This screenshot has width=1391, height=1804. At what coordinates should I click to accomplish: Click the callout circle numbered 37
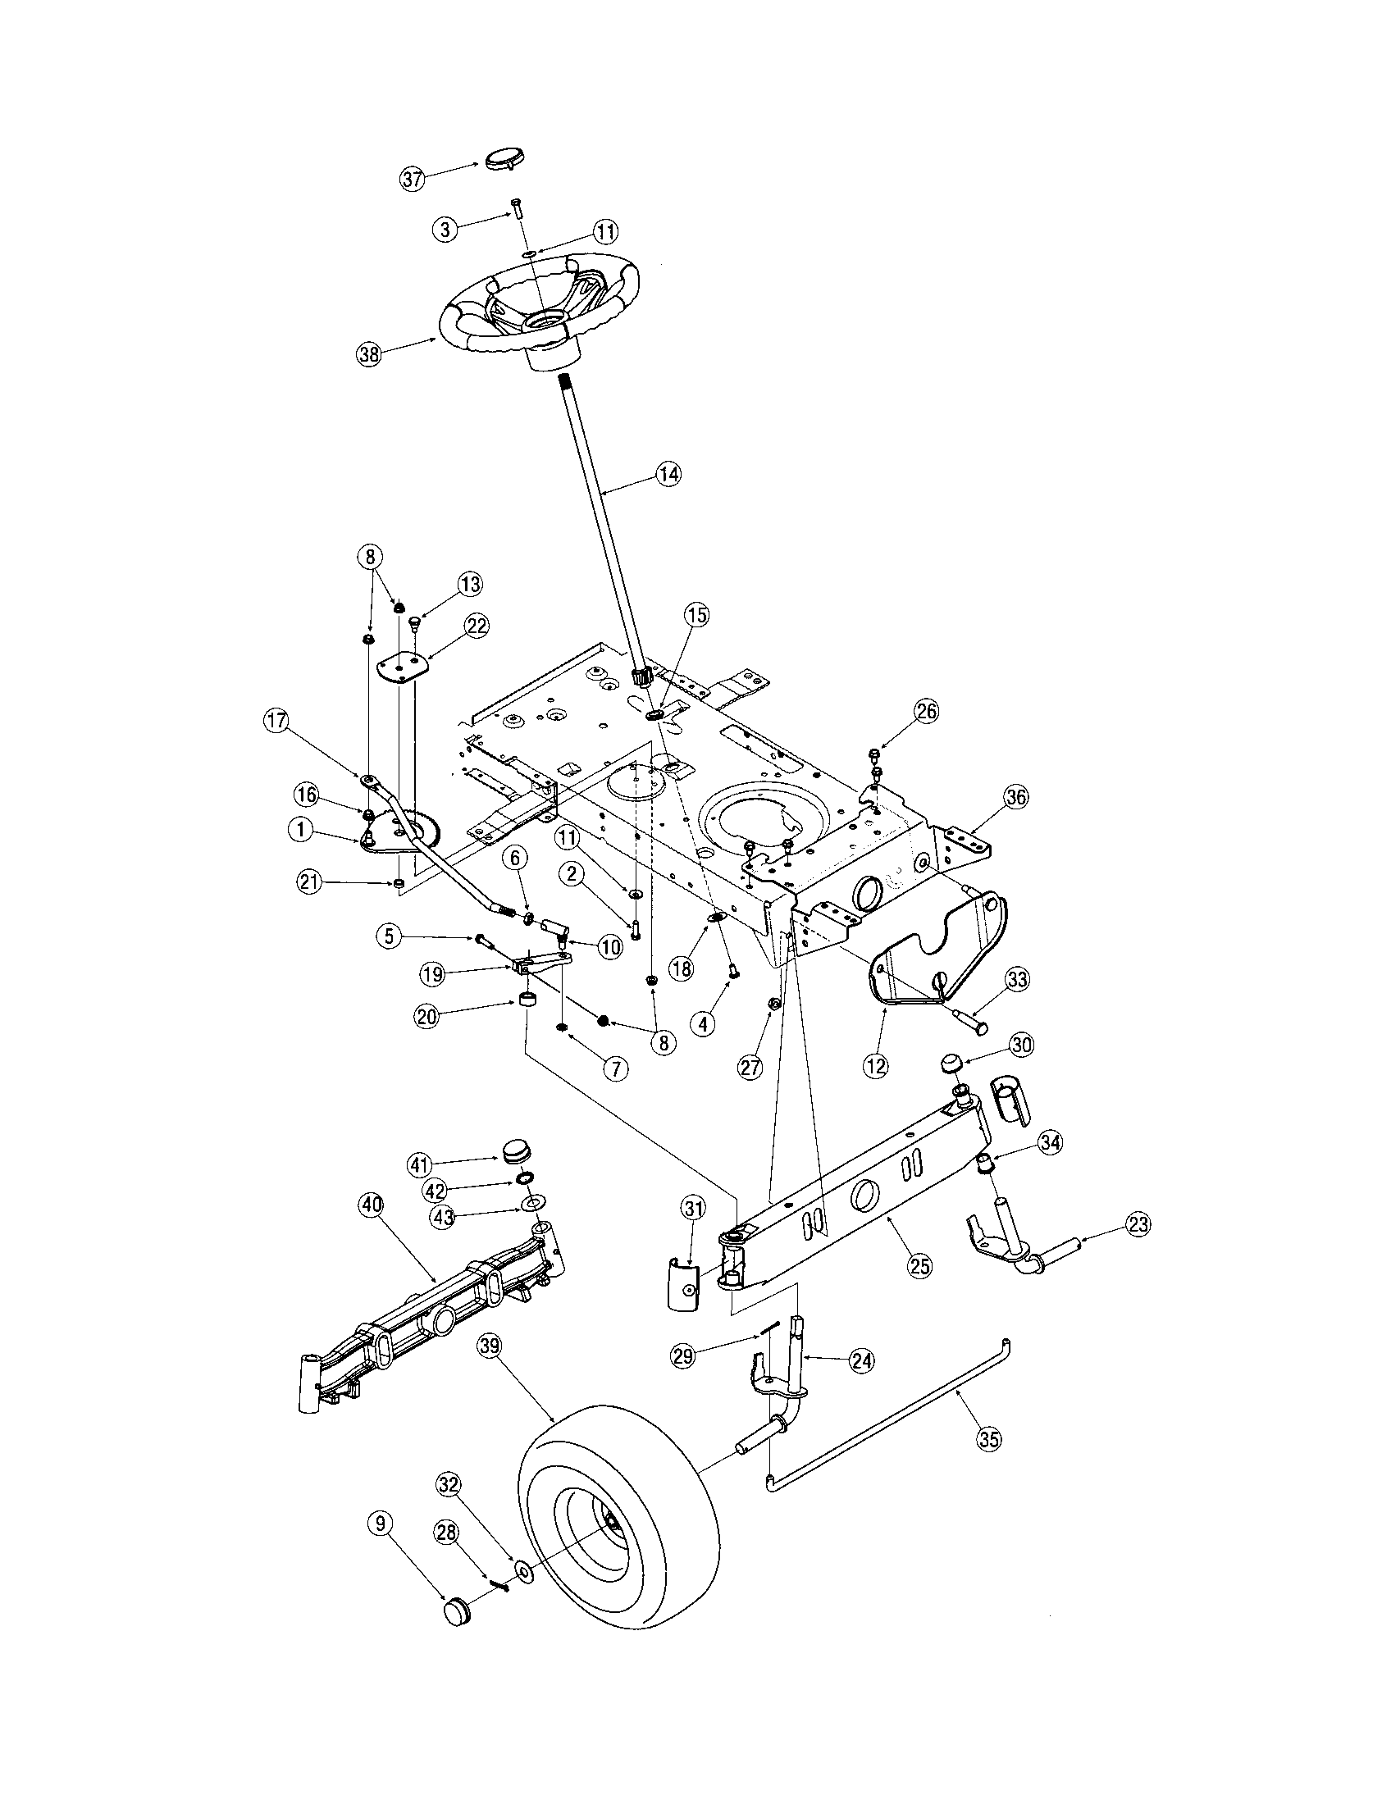(x=413, y=178)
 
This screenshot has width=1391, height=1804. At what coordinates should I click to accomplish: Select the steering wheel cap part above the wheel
(x=506, y=159)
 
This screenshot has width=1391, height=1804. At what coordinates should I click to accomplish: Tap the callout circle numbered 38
(x=368, y=355)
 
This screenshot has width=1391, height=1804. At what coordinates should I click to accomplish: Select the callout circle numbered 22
(x=476, y=626)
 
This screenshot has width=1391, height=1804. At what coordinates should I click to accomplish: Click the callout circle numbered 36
(x=1015, y=797)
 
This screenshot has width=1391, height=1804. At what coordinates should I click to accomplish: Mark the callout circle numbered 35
(x=989, y=1438)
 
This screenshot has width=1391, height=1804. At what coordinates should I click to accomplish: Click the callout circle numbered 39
(x=490, y=1346)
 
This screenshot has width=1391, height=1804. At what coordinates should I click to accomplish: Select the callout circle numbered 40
(x=372, y=1205)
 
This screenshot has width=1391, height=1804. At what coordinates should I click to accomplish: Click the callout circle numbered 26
(x=926, y=712)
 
